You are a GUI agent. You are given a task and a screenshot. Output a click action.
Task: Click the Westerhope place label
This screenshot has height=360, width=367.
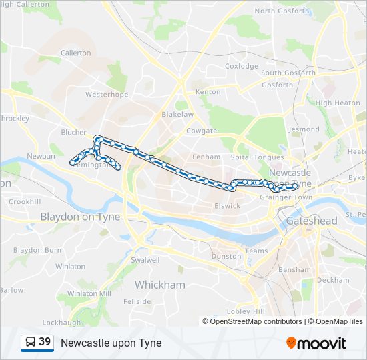click(106, 95)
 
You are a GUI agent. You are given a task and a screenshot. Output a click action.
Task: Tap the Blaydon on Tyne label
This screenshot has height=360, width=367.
click(80, 217)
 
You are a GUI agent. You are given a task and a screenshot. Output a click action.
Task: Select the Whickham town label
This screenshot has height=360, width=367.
click(159, 285)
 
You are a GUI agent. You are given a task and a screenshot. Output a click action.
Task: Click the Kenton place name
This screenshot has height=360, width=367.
click(207, 91)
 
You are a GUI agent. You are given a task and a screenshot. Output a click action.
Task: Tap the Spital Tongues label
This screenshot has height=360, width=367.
click(257, 157)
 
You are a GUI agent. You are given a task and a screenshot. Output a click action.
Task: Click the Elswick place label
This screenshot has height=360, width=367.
click(227, 205)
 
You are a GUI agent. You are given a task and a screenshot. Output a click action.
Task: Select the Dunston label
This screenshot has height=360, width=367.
click(226, 256)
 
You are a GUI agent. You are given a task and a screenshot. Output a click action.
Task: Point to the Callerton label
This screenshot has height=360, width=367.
click(75, 53)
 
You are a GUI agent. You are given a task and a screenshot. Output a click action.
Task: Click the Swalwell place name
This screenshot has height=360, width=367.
click(145, 260)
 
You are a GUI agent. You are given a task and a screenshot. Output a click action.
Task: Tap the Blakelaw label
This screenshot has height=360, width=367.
click(177, 114)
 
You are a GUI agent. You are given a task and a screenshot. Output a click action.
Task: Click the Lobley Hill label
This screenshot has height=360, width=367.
click(246, 311)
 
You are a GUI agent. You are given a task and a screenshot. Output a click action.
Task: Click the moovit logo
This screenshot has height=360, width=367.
click(316, 343)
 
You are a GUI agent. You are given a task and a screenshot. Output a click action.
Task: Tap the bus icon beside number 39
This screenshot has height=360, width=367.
click(31, 343)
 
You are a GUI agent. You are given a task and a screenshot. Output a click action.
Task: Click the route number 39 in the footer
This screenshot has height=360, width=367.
click(45, 343)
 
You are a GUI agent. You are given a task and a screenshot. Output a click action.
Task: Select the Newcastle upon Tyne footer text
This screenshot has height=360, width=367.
click(111, 343)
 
